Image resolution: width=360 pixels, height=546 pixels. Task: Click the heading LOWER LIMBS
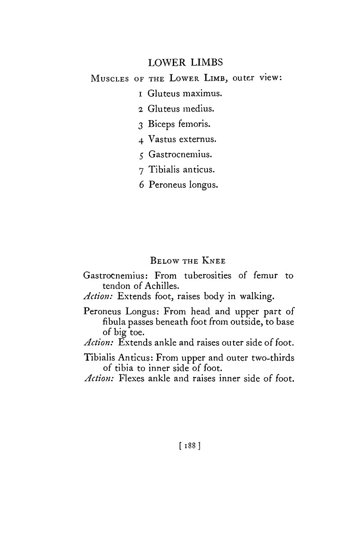click(x=185, y=63)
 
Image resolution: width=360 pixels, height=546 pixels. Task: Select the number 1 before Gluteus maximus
click(x=141, y=94)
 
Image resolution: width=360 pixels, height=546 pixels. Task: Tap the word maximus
click(x=202, y=94)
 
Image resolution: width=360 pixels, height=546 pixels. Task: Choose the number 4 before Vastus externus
click(x=141, y=140)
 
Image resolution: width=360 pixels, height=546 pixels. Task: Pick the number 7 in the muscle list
click(x=141, y=170)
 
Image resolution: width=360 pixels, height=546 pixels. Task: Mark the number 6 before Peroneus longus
click(x=141, y=185)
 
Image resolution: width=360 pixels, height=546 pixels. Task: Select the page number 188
click(x=189, y=446)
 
